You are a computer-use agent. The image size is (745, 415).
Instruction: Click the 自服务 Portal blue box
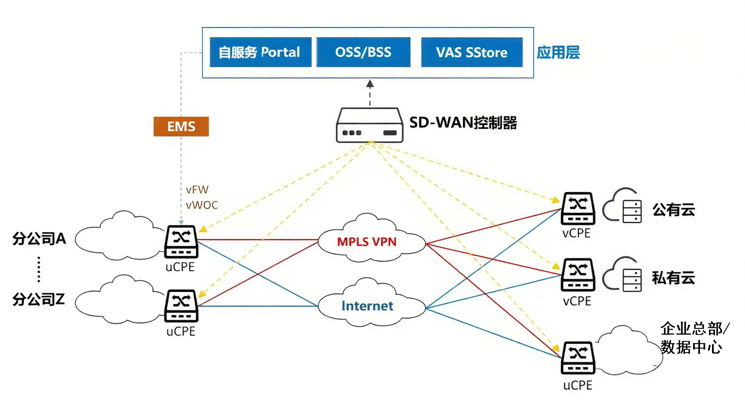click(x=260, y=52)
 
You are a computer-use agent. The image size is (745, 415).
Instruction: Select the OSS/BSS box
click(x=363, y=52)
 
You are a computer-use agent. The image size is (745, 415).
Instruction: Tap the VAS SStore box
click(x=471, y=52)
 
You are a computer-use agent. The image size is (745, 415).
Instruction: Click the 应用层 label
click(x=558, y=52)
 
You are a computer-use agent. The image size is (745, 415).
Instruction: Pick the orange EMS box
click(x=181, y=127)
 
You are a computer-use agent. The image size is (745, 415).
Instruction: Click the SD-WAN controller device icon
click(x=369, y=125)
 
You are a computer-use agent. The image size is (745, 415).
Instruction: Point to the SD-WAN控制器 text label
click(x=463, y=123)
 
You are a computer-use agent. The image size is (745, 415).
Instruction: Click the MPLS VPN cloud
click(x=367, y=241)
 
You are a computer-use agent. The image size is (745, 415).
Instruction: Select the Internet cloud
click(x=367, y=306)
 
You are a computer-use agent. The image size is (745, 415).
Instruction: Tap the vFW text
click(x=197, y=189)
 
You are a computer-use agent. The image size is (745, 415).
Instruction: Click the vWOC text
click(x=202, y=205)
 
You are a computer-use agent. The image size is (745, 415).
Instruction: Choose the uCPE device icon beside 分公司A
click(x=181, y=241)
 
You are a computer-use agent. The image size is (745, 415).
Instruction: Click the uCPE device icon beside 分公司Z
click(x=181, y=306)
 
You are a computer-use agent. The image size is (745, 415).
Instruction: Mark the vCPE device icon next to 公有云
click(x=578, y=208)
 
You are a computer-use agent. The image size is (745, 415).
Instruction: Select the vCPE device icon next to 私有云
click(x=578, y=274)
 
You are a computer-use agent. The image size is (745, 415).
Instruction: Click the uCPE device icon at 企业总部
click(x=578, y=358)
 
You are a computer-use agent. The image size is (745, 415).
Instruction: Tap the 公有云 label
click(x=673, y=210)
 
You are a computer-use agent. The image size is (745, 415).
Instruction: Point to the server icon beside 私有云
click(x=632, y=279)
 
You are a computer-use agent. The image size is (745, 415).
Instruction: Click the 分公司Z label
click(x=38, y=299)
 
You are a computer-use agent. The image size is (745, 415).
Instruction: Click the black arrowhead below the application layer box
click(x=370, y=84)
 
